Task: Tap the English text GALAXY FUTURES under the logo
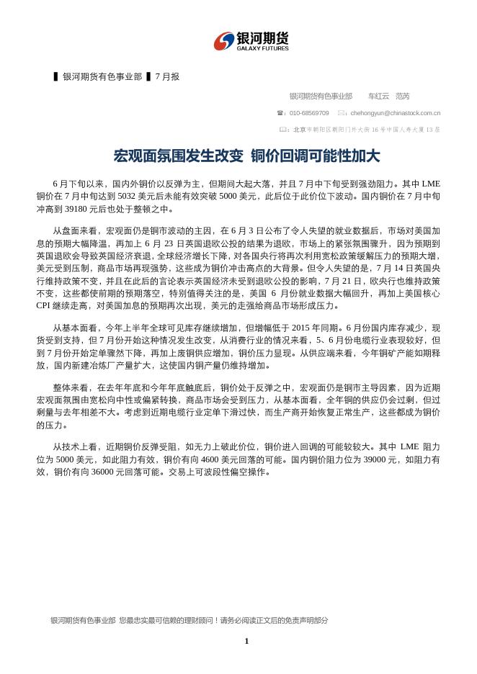[x=262, y=48]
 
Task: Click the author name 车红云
[x=378, y=96]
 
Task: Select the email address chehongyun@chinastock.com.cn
[x=396, y=113]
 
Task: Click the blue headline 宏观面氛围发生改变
[x=177, y=156]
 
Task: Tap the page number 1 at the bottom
[x=246, y=641]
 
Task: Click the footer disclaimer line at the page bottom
[x=189, y=620]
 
